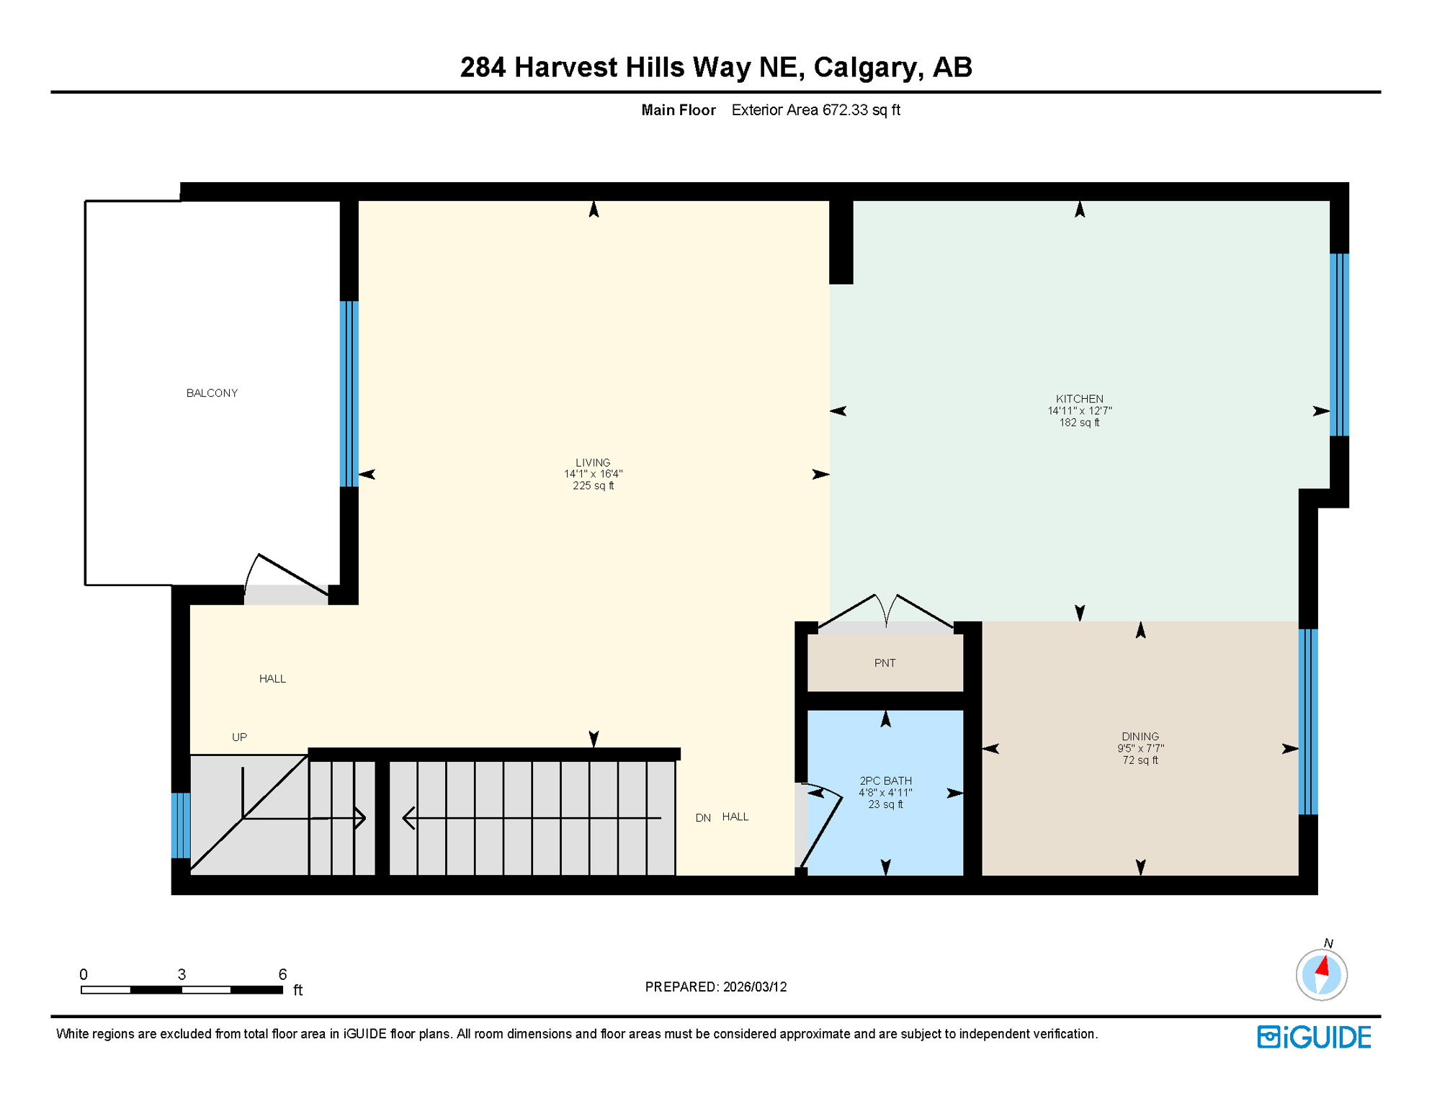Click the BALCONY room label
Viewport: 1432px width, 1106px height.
coord(212,393)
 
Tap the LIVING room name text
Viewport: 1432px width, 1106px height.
coord(593,462)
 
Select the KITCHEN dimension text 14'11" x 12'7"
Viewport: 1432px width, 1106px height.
coord(1079,411)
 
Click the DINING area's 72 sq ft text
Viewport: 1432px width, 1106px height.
coord(1140,760)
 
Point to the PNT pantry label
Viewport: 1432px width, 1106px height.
coord(885,663)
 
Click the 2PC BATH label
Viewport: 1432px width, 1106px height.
coord(885,781)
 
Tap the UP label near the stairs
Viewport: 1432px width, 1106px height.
coord(239,737)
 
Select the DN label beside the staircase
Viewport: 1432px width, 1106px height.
coord(703,818)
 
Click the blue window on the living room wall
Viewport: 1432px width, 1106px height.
coord(349,394)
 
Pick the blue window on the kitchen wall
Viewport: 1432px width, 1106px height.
coord(1338,345)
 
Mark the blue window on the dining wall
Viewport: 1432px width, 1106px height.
coord(1307,721)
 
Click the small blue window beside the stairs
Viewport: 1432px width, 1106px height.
coord(181,825)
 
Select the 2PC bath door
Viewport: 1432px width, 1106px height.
coord(821,828)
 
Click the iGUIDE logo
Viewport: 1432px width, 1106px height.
coord(1314,1037)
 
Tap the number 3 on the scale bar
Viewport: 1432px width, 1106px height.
coord(182,974)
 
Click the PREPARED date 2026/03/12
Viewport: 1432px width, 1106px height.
coord(755,986)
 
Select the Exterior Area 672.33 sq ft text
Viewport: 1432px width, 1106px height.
coord(815,110)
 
